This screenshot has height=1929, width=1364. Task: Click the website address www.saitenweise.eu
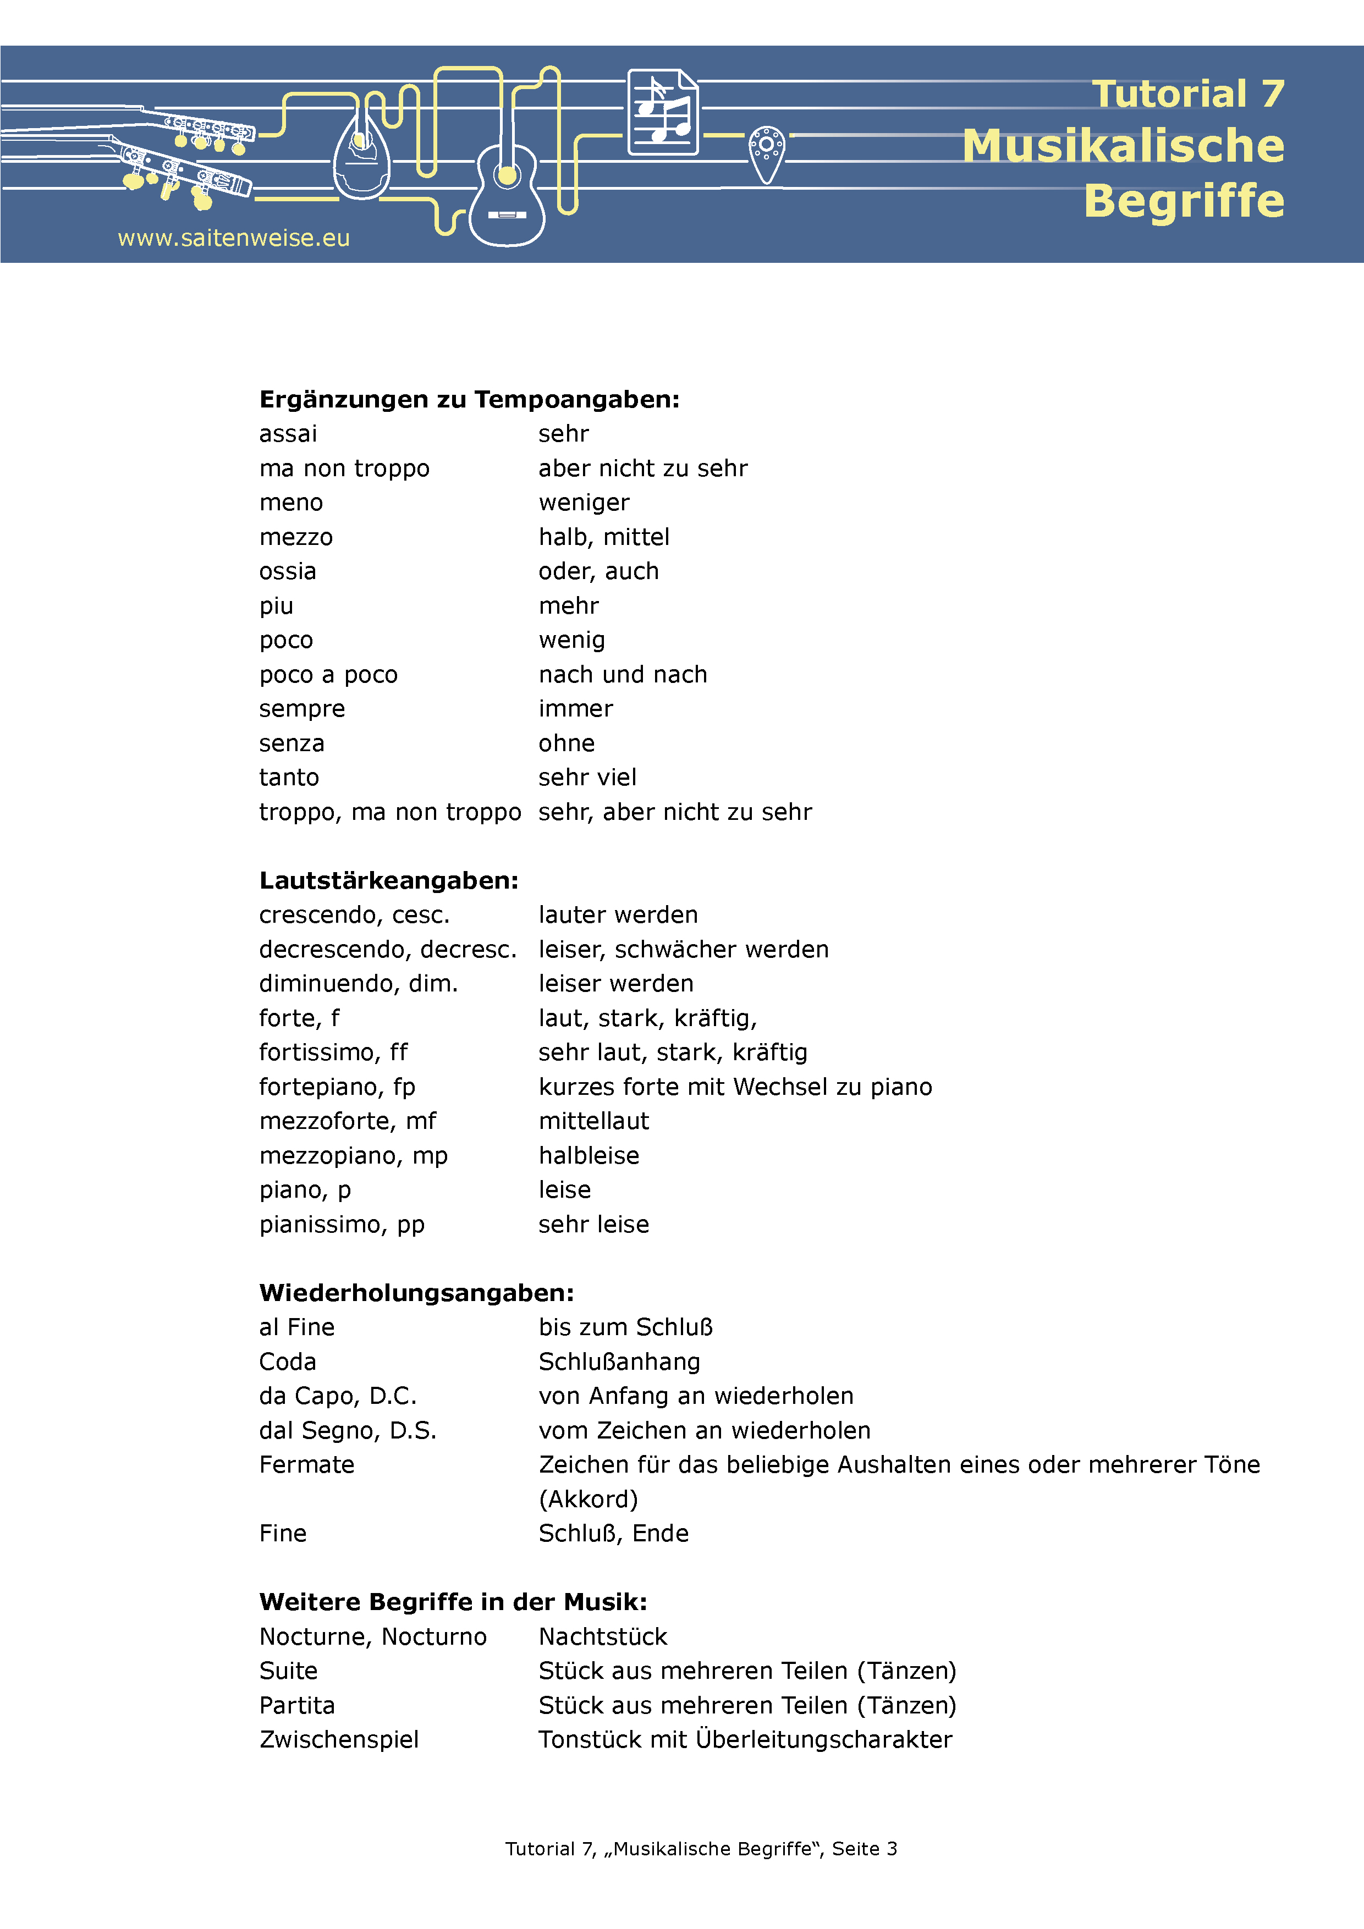234,239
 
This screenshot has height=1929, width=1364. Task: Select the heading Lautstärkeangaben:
389,880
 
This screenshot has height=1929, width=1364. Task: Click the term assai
288,434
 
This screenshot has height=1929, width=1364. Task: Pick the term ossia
288,571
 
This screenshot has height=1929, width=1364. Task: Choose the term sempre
302,709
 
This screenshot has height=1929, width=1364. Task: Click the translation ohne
566,743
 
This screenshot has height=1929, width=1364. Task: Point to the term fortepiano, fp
337,1087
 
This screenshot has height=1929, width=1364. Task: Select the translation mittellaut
594,1122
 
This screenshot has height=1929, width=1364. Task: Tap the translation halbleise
589,1156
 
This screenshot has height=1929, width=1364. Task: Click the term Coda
288,1362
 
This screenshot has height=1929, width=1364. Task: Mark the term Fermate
307,1465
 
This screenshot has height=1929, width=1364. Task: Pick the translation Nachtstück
603,1636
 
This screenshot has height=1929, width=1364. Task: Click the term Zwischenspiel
339,1740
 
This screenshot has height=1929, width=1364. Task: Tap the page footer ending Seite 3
701,1848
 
